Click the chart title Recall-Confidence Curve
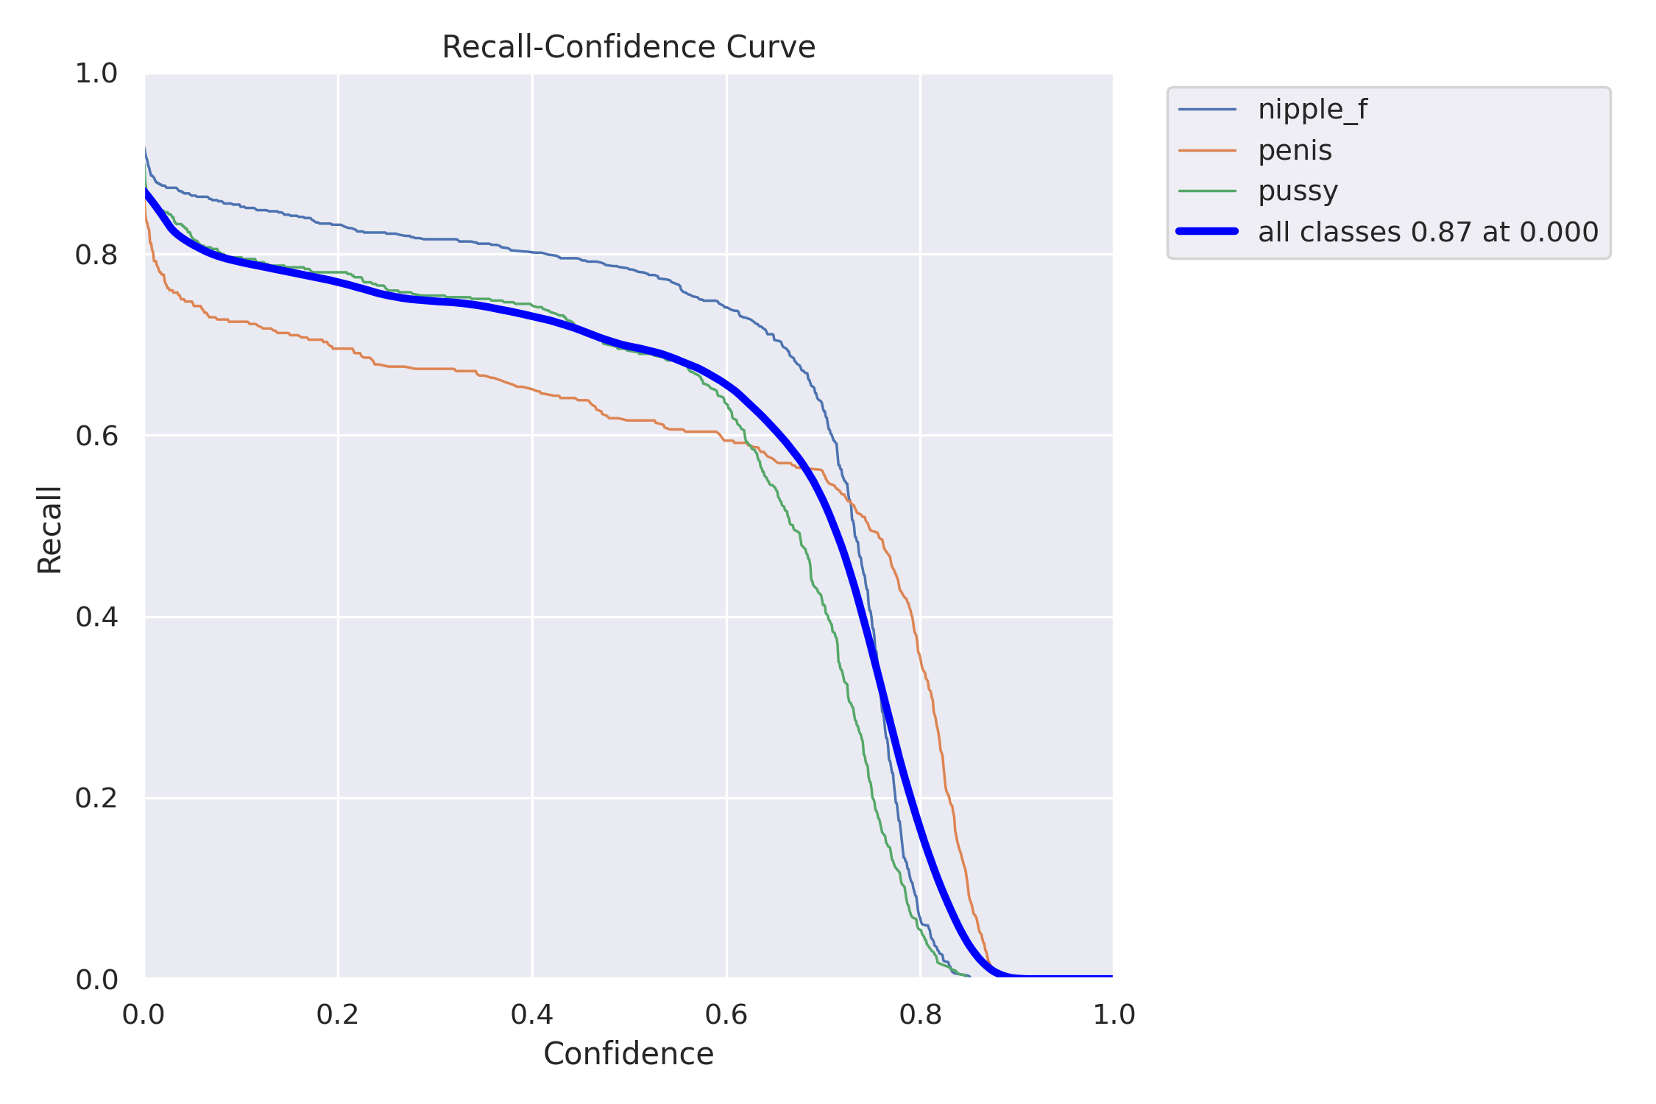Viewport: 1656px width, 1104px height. [x=628, y=48]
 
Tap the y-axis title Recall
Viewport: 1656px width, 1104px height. [x=50, y=529]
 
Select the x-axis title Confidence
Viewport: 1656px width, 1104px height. [x=628, y=1054]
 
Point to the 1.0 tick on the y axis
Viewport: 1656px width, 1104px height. [x=96, y=74]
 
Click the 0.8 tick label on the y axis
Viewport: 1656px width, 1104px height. [x=96, y=255]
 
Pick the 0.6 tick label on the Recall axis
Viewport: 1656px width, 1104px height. [x=96, y=436]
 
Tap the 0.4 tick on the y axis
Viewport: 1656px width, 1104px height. [x=96, y=618]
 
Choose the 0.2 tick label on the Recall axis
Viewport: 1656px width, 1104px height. [x=96, y=799]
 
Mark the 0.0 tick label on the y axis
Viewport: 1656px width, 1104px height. [x=96, y=980]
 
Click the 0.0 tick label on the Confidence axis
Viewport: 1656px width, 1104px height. [x=144, y=1015]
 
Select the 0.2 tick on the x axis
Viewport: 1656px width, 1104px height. [x=338, y=1015]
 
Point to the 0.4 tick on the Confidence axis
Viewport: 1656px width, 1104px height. [x=532, y=1015]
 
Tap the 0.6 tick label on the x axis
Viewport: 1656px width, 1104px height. [x=726, y=1015]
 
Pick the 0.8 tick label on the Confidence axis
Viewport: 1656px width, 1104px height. [x=921, y=1015]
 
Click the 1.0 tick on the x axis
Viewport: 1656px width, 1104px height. [x=1114, y=1015]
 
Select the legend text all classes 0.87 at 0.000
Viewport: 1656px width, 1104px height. [x=1428, y=233]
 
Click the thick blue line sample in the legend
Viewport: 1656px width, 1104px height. [x=1207, y=232]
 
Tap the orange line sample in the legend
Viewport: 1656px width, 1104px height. [x=1207, y=151]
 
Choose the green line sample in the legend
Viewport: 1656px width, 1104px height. [x=1207, y=191]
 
